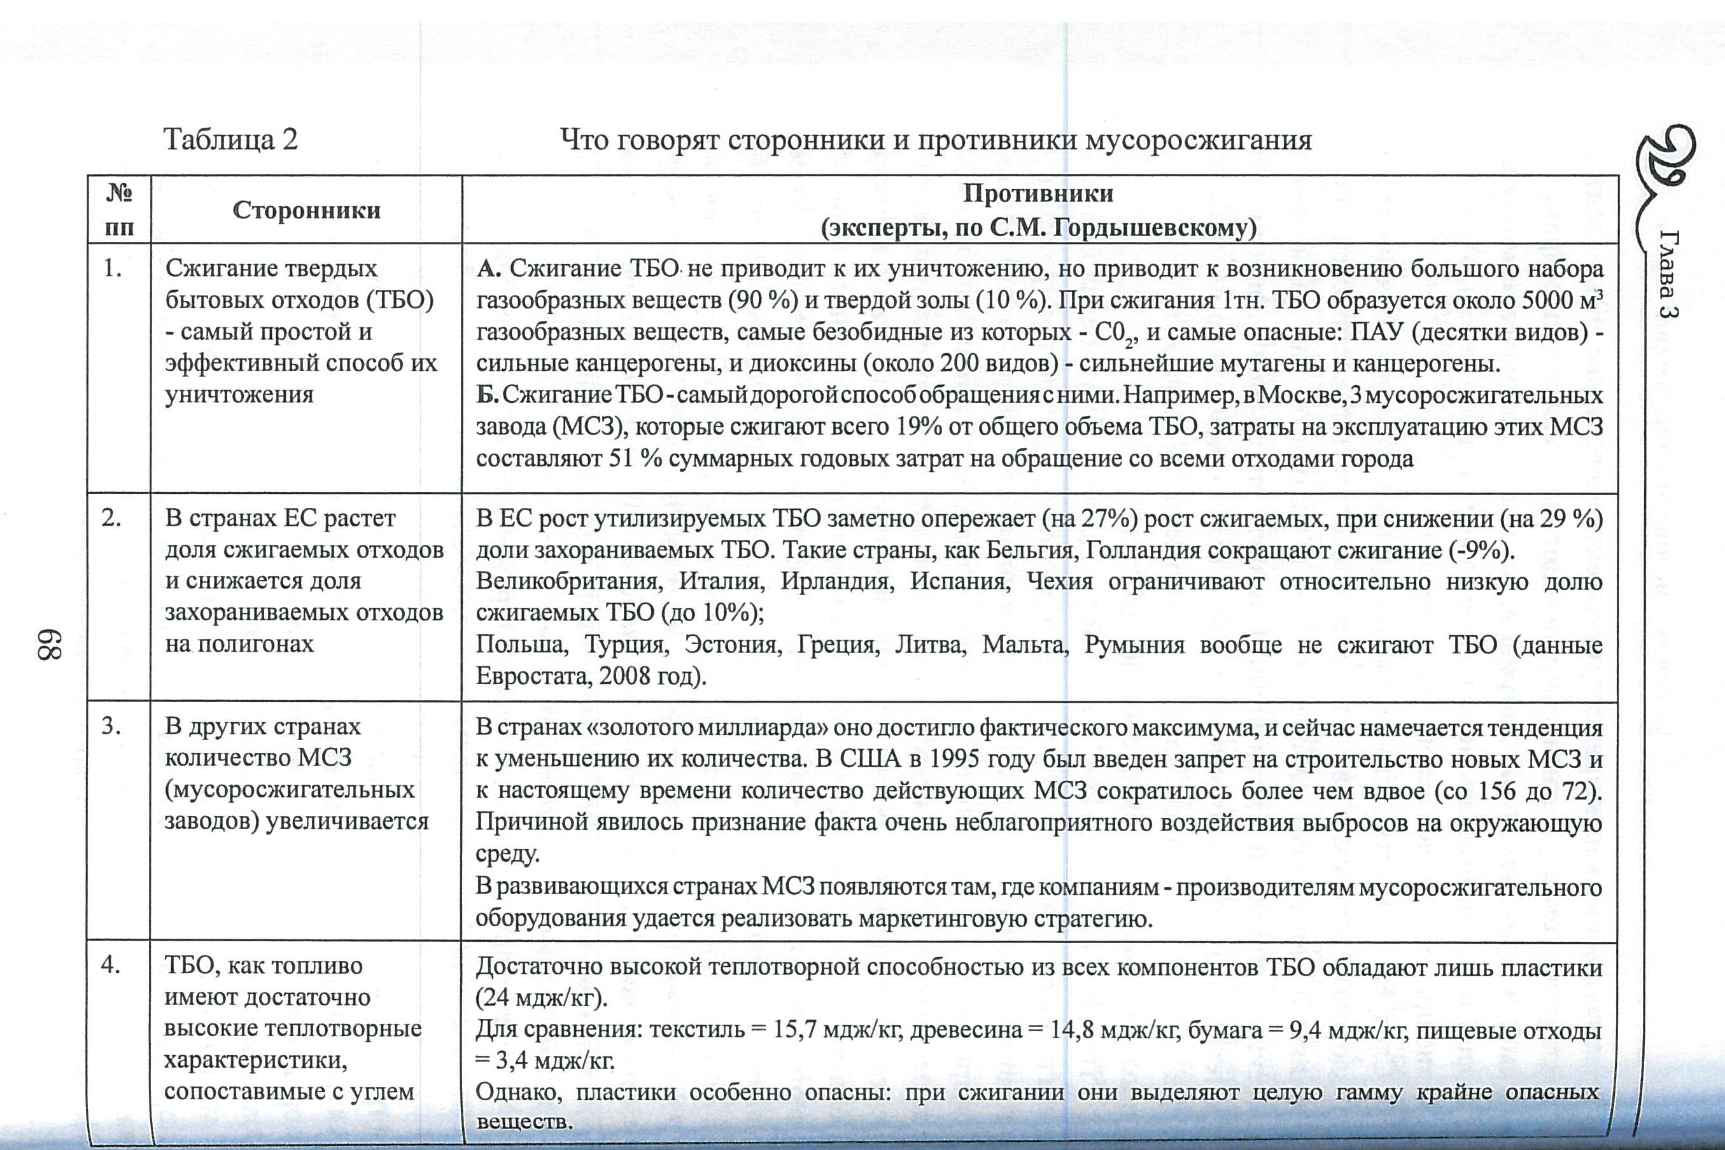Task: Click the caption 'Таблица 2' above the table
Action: [x=230, y=139]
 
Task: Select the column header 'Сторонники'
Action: [x=307, y=211]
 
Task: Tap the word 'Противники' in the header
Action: [x=1038, y=193]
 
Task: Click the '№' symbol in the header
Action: [x=119, y=192]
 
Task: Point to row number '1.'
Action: [x=112, y=269]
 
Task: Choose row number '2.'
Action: [x=111, y=518]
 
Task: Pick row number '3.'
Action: [x=111, y=726]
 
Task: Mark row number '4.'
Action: [x=111, y=965]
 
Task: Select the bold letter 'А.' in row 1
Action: [x=488, y=269]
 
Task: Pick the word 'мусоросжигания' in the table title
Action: [x=1199, y=139]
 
